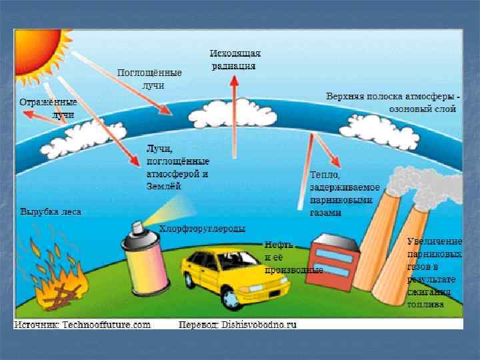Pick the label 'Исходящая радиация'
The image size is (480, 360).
pyautogui.click(x=235, y=59)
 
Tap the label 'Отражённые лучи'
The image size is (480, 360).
pyautogui.click(x=47, y=109)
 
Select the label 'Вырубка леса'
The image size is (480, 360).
pyautogui.click(x=51, y=213)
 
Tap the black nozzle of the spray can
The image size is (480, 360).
pyautogui.click(x=137, y=228)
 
